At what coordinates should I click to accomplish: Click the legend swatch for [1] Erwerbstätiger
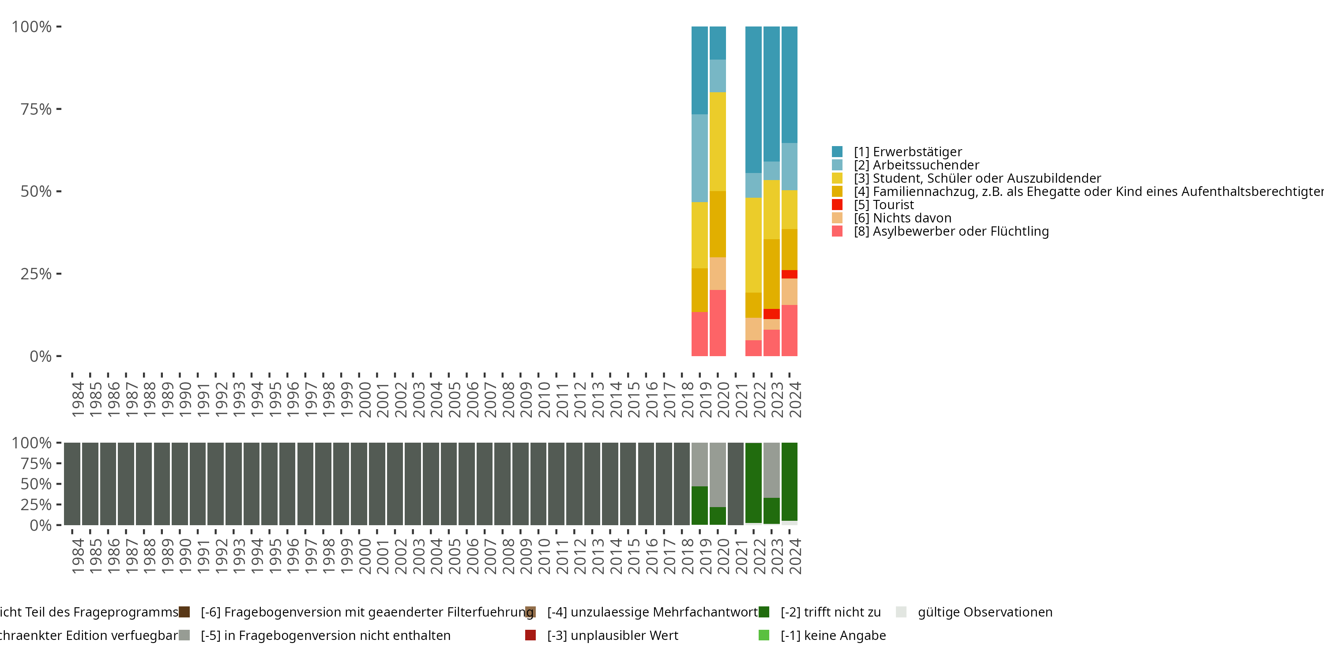(x=837, y=152)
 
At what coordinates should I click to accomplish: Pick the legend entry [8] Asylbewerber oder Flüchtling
(x=951, y=231)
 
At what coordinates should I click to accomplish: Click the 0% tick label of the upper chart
(x=41, y=356)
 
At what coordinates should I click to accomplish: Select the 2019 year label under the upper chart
(x=705, y=399)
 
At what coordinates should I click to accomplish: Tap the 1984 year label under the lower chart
(x=78, y=556)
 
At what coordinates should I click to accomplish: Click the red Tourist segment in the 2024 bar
(x=790, y=275)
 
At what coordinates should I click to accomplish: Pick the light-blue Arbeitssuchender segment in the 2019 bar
(x=700, y=158)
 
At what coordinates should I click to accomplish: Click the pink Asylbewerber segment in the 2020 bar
(x=718, y=323)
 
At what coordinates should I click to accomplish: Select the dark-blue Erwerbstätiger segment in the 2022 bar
(x=753, y=100)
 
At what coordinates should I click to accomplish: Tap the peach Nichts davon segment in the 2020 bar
(x=718, y=274)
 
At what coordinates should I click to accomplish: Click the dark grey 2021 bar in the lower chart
(x=736, y=484)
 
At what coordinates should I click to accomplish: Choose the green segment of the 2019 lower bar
(x=700, y=505)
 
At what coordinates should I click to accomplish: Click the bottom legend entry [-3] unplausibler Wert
(x=612, y=635)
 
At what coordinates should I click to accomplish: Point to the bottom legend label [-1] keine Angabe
(x=833, y=635)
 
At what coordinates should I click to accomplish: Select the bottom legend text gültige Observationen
(x=985, y=612)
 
